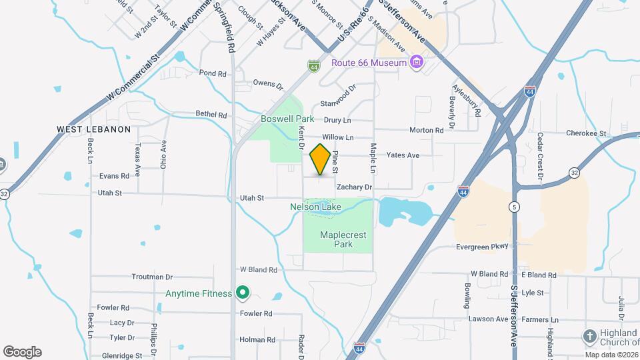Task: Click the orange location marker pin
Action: tap(321, 159)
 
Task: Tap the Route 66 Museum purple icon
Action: tap(417, 63)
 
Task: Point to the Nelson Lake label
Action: tap(315, 207)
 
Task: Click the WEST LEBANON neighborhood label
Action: tap(93, 129)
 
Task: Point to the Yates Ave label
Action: tap(403, 155)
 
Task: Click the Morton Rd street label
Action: tap(426, 131)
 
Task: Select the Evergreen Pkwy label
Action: tap(482, 247)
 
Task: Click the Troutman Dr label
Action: tap(152, 277)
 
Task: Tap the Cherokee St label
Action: tap(586, 133)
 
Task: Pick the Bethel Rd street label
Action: tap(211, 115)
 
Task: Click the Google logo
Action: tap(22, 351)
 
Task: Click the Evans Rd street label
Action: tap(113, 176)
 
